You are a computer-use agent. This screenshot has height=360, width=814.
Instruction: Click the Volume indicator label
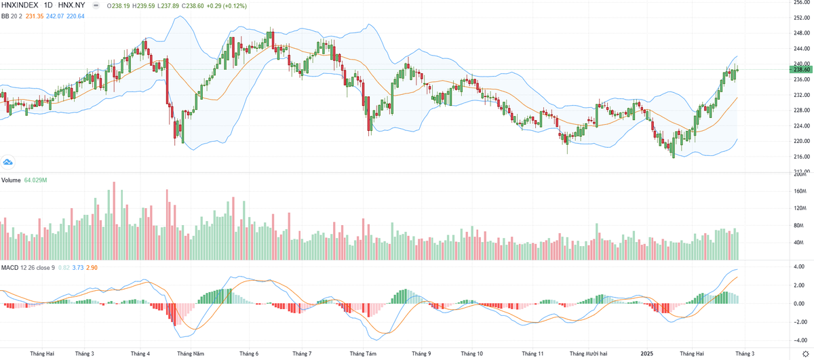coord(10,180)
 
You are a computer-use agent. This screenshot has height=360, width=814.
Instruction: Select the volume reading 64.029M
coord(36,180)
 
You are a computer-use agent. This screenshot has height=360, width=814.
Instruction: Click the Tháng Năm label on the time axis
coord(191,353)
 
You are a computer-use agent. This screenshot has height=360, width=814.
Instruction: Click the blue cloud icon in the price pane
coord(8,162)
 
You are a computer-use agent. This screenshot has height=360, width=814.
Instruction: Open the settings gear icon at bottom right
coord(805,353)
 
